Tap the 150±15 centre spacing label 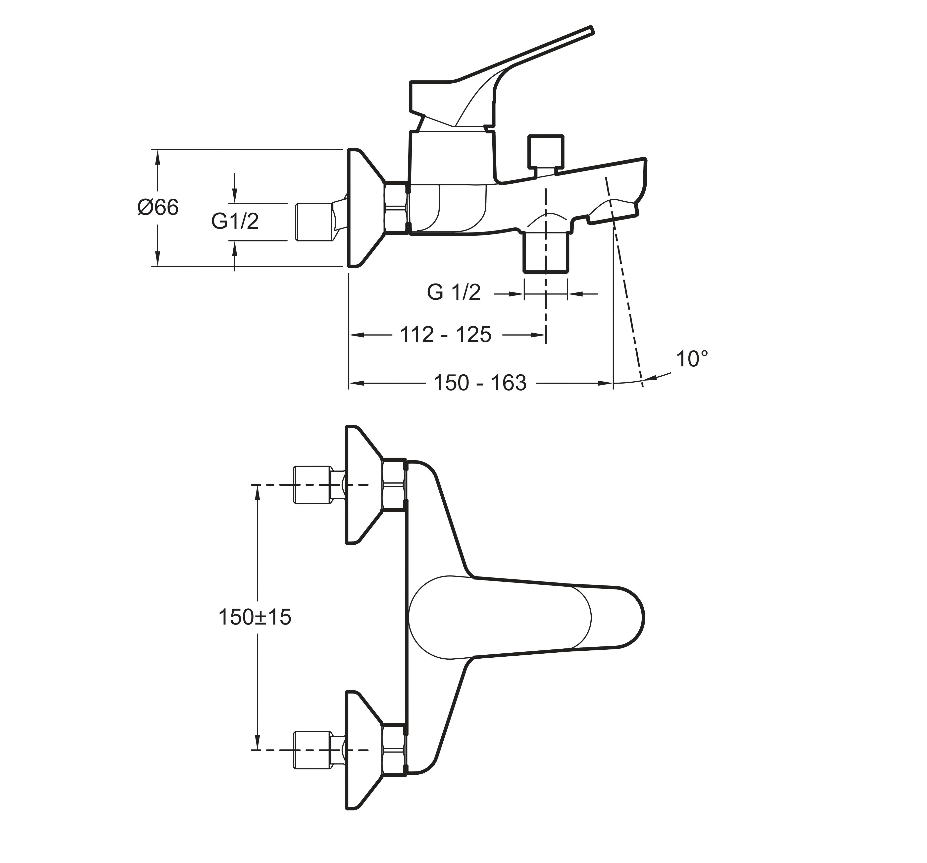(x=255, y=617)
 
